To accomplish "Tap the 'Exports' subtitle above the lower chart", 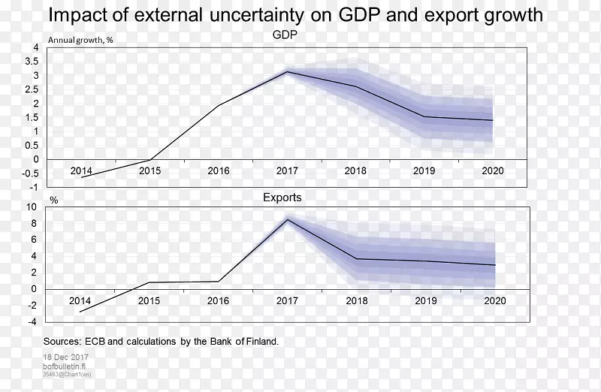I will click(282, 198).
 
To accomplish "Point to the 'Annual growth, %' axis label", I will click(80, 41).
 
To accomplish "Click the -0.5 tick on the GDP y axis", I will click(32, 173).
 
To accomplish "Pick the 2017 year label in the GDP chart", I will click(287, 170).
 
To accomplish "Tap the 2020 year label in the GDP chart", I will click(494, 170).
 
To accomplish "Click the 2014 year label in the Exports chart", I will click(80, 300).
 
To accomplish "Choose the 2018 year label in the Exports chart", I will click(356, 300).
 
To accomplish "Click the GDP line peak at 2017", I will click(286, 72).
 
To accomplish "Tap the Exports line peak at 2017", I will click(288, 219).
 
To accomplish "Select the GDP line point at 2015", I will click(150, 160).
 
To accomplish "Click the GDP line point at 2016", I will click(219, 105).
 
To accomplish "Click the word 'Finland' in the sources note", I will click(258, 342).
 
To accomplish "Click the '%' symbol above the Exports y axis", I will click(54, 201).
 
